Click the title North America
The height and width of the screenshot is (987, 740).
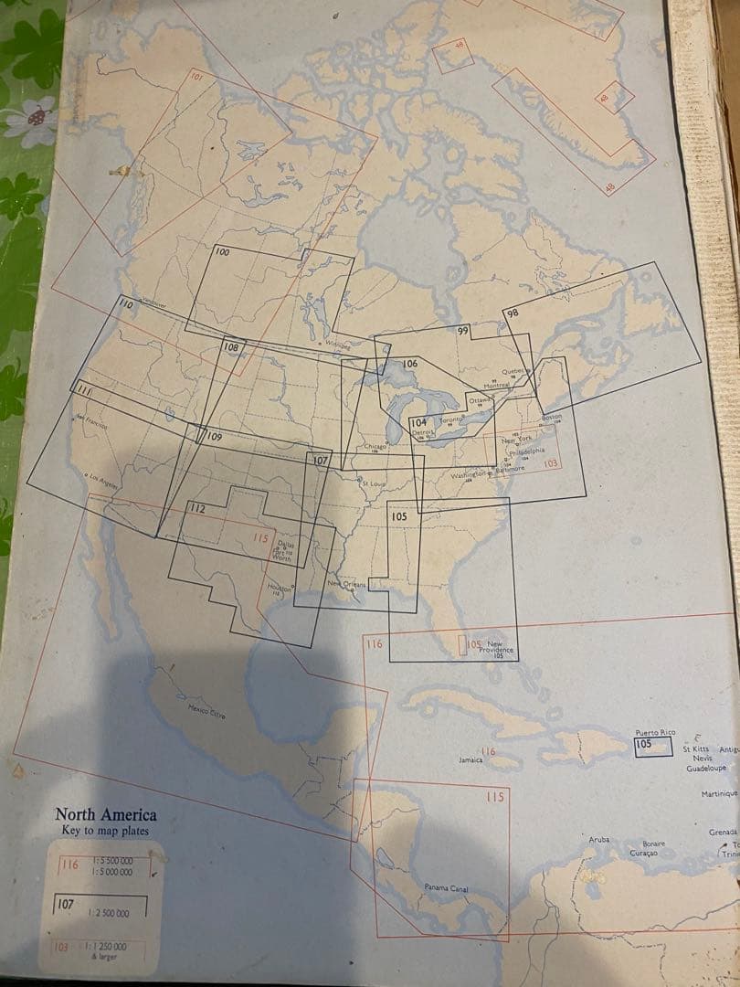(x=105, y=814)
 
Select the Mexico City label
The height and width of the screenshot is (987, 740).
(x=206, y=710)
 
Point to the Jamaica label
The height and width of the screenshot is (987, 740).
(x=470, y=759)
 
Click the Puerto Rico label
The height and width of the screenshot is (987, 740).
(x=656, y=733)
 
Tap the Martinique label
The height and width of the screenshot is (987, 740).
(x=719, y=794)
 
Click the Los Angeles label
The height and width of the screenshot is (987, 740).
(x=100, y=482)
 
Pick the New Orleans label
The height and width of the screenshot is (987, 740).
(x=346, y=583)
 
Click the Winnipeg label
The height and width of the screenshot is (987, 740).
(x=337, y=345)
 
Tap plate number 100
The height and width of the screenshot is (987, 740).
(x=222, y=252)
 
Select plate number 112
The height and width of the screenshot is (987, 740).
(x=196, y=508)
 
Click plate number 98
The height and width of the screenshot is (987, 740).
(x=512, y=313)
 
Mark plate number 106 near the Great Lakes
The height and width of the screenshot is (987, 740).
(x=410, y=364)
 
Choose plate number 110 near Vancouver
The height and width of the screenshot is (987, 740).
(x=126, y=303)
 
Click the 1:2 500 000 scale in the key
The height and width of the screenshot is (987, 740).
(x=108, y=913)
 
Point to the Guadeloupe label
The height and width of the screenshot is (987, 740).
(x=707, y=769)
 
